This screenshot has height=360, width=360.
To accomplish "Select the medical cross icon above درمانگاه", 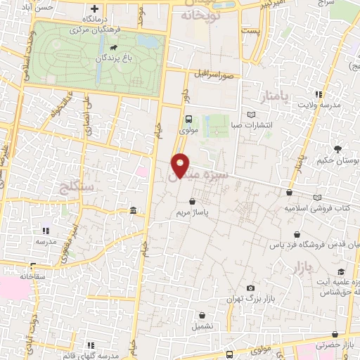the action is [95, 8].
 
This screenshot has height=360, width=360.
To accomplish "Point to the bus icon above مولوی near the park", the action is [188, 119].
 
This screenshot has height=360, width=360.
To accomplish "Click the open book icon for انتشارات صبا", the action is [252, 115].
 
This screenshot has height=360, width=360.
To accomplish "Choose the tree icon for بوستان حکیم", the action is [338, 149].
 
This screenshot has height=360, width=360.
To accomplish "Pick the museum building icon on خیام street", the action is [133, 211].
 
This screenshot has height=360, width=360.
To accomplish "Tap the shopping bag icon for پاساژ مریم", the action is [192, 201].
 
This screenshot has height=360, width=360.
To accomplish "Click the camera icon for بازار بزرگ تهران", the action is [251, 288].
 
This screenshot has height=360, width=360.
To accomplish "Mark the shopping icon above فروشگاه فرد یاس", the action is [299, 234].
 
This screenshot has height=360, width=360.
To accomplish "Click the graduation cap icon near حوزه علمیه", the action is [341, 272].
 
